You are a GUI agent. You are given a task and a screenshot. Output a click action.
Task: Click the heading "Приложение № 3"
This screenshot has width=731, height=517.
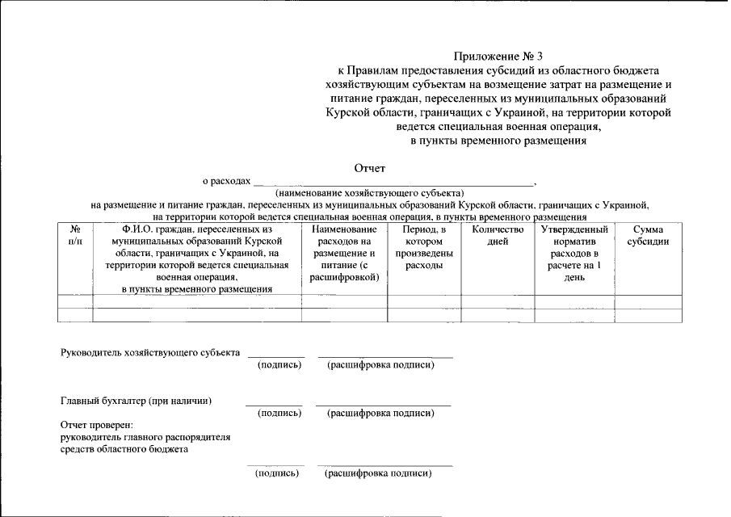(x=498, y=57)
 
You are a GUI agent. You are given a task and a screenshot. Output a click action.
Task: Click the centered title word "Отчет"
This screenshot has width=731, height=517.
(x=370, y=169)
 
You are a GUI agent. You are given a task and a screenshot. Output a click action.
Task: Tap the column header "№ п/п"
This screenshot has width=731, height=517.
(x=75, y=236)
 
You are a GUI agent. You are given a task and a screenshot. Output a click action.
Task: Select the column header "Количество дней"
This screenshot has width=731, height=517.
(x=497, y=236)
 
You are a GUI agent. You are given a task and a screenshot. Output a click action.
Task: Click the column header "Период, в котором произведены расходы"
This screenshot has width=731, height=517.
(x=424, y=247)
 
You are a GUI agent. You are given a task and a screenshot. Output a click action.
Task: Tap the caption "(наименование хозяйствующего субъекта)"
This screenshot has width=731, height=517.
(x=369, y=194)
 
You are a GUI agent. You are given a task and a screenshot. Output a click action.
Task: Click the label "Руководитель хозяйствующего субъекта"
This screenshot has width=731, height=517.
(x=150, y=353)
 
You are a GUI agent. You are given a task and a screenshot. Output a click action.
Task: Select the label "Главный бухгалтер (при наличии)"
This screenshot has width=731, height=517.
(x=136, y=401)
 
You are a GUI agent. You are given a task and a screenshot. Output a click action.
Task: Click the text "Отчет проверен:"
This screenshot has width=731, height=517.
(x=96, y=425)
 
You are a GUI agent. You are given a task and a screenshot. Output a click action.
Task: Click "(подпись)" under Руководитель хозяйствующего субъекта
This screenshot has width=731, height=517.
(x=279, y=365)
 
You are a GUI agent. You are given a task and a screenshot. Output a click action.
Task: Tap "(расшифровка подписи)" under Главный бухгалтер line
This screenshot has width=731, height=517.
(x=380, y=414)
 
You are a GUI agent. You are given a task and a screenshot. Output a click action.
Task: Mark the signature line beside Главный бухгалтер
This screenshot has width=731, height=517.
(x=274, y=405)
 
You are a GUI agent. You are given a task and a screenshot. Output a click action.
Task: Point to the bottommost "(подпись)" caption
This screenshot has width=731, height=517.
(x=277, y=473)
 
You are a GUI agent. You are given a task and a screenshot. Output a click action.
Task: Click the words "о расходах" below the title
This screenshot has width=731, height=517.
(x=227, y=183)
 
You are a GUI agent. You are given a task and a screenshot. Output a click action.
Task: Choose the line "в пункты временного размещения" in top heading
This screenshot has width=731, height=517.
(x=498, y=141)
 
